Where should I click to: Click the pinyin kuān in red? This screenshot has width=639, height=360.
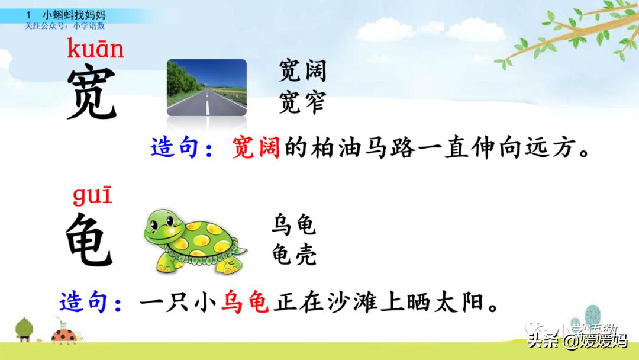(x=95, y=48)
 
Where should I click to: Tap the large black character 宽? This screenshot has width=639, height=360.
(x=92, y=92)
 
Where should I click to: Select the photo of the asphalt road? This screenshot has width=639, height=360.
(x=206, y=87)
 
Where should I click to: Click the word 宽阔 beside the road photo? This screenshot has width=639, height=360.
(x=302, y=72)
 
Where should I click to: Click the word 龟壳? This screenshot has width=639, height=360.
(x=294, y=255)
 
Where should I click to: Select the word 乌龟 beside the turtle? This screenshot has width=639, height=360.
(x=294, y=226)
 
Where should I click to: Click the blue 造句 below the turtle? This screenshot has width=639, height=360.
(x=84, y=303)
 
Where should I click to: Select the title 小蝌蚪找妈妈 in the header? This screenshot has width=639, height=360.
(x=75, y=14)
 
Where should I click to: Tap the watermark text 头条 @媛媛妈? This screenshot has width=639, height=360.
(x=577, y=341)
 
